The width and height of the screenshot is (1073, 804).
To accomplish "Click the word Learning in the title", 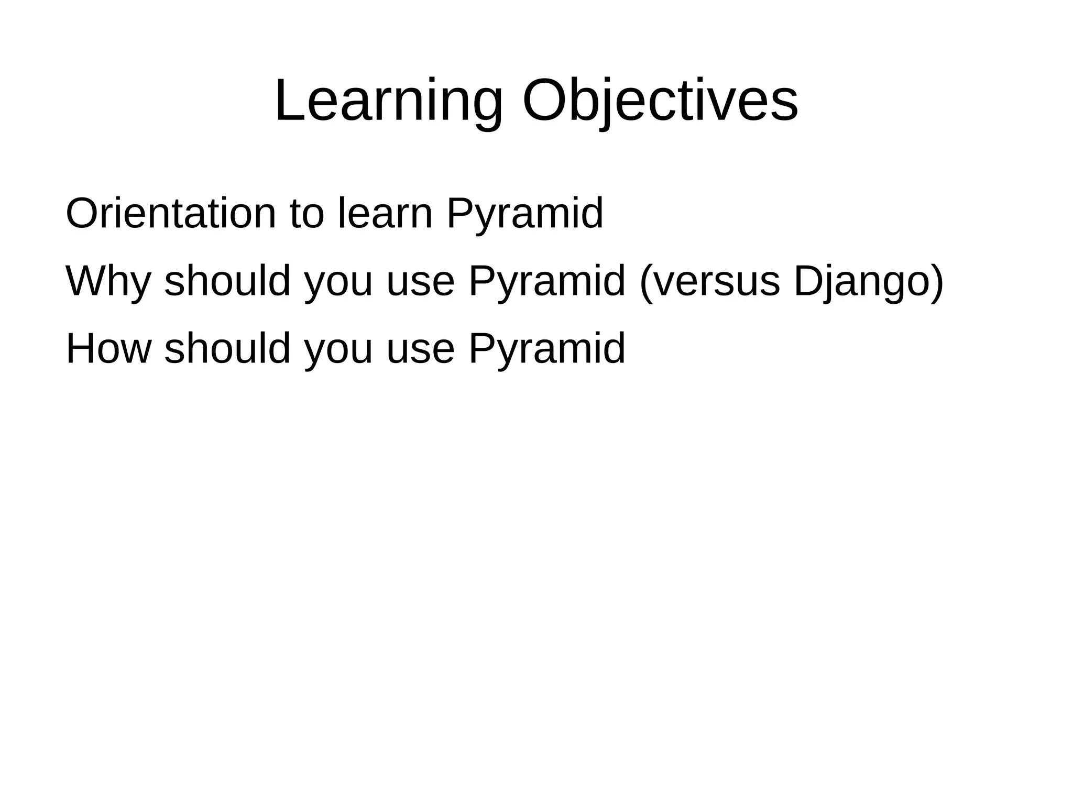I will [388, 101].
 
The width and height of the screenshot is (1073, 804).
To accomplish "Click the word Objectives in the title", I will [660, 101].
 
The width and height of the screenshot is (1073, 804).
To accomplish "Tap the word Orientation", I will [170, 214].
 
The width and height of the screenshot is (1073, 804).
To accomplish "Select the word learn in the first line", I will [386, 214].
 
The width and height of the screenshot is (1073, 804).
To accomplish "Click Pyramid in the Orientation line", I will [524, 214].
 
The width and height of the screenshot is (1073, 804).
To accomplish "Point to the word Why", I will [108, 281].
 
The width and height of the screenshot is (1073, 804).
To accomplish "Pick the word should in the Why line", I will [227, 281].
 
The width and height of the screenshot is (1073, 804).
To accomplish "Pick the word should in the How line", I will [227, 349].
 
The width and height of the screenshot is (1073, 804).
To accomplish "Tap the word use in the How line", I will [420, 350].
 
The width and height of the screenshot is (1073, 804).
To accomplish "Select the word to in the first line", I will [306, 214].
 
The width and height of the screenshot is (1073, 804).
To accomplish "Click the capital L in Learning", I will [287, 101].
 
